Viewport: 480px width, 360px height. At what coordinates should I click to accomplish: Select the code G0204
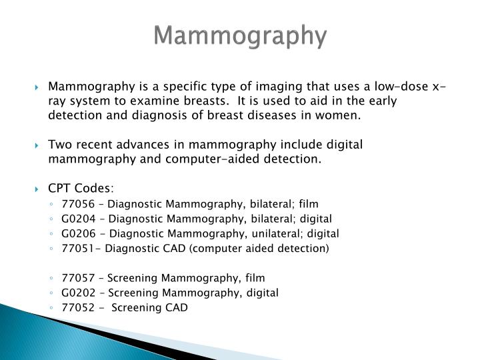point(76,218)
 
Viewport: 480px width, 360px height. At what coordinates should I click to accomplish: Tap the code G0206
point(76,233)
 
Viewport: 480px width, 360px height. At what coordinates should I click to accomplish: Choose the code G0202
point(76,292)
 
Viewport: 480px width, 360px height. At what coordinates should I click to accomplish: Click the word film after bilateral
point(308,203)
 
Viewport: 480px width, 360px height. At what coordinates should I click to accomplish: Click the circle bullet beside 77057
point(51,278)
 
